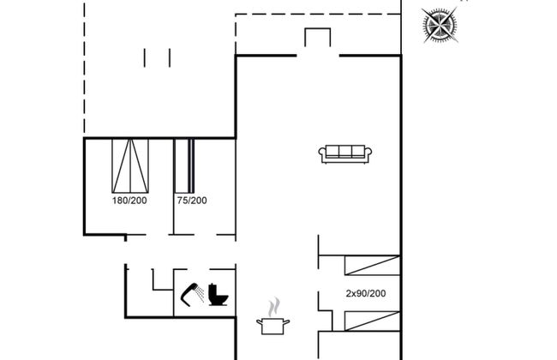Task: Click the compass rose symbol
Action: [440, 25]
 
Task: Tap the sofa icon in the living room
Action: [345, 154]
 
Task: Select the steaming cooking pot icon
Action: [273, 316]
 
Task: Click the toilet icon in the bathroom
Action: [218, 295]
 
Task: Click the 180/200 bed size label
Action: [129, 201]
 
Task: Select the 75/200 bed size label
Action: [192, 201]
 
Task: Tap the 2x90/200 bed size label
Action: [366, 293]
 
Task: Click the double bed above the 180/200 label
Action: [130, 165]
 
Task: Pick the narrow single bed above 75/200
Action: [184, 165]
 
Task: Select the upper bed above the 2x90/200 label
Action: [372, 265]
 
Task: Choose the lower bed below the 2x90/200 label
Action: [372, 321]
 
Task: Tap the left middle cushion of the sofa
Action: [332, 152]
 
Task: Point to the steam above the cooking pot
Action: [274, 307]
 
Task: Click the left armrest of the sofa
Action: [322, 153]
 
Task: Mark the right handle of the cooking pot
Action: [286, 322]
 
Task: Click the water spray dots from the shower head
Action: [201, 293]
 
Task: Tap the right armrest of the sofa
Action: [368, 153]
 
